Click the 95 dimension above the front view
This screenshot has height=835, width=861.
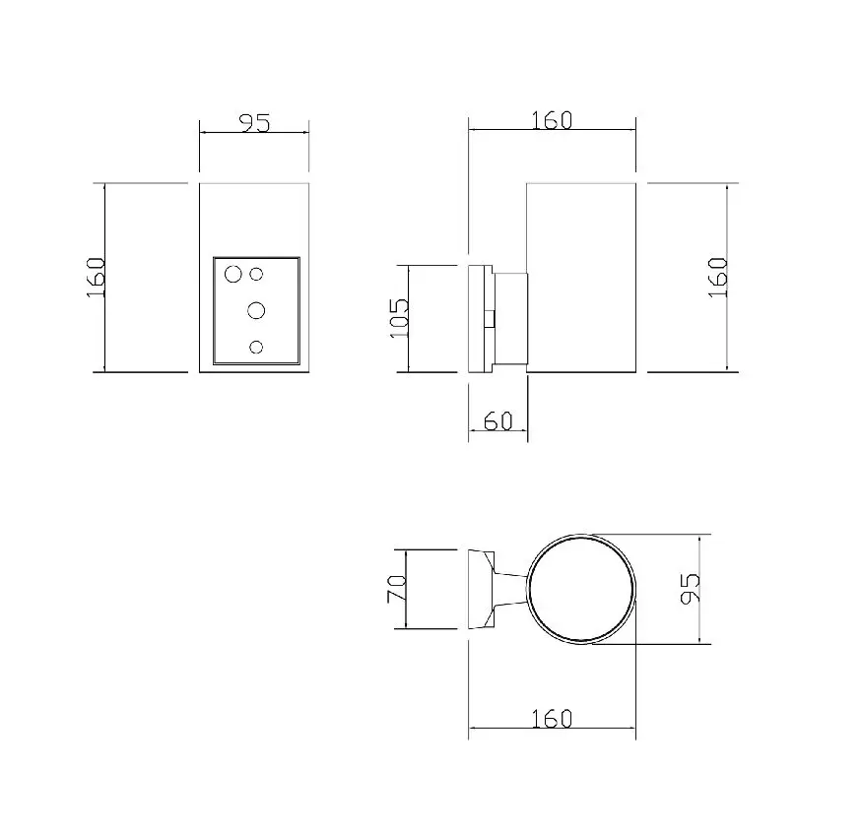pos(256,123)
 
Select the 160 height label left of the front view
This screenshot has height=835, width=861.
pos(97,278)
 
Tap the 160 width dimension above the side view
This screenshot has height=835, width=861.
pos(552,120)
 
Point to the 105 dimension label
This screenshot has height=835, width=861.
pos(400,318)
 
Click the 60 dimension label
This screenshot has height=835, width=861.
pos(498,420)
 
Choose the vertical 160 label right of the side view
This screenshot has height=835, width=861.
pos(718,278)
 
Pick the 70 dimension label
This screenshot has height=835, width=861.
pos(396,589)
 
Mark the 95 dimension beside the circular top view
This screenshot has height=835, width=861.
pos(690,589)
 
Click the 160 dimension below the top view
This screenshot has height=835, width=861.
pos(552,718)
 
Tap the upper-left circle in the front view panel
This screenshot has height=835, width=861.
pos(233,274)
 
